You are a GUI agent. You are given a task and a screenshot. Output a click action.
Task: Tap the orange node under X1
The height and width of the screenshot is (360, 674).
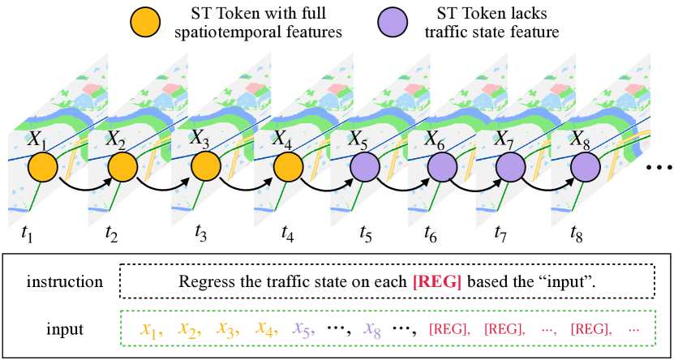point(42,169)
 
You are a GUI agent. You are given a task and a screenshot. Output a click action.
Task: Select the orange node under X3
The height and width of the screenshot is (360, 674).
point(203,169)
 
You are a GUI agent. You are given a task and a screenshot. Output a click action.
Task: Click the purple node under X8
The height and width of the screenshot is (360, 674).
point(585,169)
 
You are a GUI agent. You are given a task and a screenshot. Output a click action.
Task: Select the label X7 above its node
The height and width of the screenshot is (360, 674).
point(506,139)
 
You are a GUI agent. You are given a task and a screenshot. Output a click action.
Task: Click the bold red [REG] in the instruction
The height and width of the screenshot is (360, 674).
point(438,282)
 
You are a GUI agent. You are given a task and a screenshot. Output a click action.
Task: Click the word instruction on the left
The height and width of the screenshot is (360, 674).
point(65,282)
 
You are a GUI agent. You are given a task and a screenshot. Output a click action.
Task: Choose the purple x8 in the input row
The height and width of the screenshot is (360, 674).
point(372,329)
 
